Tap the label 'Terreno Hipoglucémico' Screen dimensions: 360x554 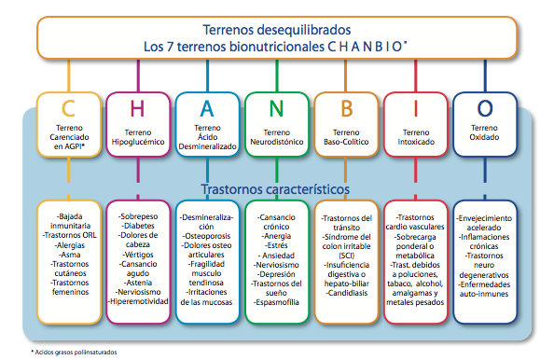137,138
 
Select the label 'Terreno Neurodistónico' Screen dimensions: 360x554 276,138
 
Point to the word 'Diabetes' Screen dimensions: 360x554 137,225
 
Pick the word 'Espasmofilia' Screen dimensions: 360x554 276,304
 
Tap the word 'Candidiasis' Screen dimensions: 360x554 346,293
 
